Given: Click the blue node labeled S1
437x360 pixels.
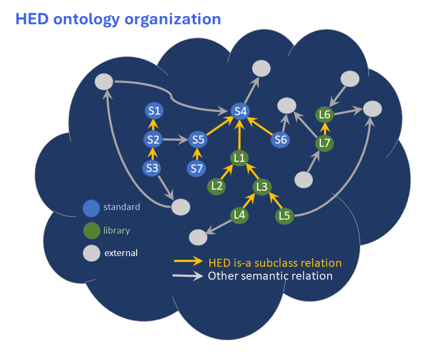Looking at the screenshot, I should pos(154,111).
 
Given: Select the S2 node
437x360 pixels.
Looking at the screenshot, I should pos(154,140).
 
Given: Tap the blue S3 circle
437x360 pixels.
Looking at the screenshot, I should pos(153,168).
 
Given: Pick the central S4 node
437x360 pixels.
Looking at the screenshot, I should pos(240,111).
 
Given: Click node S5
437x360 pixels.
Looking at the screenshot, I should pos(198,140).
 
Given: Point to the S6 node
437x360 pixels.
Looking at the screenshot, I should pos(280,140).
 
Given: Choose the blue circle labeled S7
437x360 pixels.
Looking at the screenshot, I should pos(197,169).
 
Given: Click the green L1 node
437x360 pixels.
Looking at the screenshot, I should pos(239,157).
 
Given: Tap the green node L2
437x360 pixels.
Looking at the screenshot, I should pos(217,186).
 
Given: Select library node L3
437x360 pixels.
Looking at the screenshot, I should pos(262,186).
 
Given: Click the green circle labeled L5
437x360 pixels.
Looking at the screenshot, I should pos(284,216).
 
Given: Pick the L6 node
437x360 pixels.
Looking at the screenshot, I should pos(325,114).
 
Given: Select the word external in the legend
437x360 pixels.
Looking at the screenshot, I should pos(120,253).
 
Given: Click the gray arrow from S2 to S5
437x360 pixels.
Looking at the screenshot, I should pos(176,140).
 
